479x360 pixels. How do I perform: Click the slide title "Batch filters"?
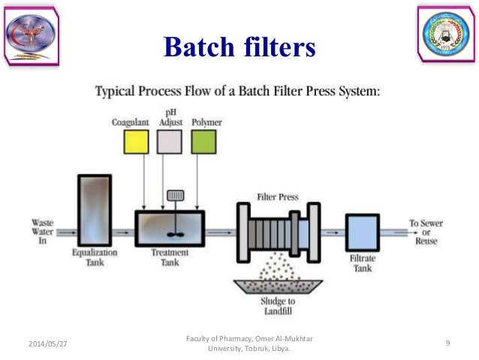(239, 47)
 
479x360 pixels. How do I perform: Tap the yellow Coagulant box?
(136, 142)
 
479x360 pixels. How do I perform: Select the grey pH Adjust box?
(170, 142)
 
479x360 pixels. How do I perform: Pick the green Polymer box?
(203, 142)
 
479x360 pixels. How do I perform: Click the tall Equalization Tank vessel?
(94, 210)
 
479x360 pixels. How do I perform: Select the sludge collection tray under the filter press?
(277, 286)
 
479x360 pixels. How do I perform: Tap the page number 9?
(447, 343)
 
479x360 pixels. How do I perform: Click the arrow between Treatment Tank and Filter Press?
(221, 232)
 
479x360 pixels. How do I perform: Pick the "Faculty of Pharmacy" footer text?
(249, 343)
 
